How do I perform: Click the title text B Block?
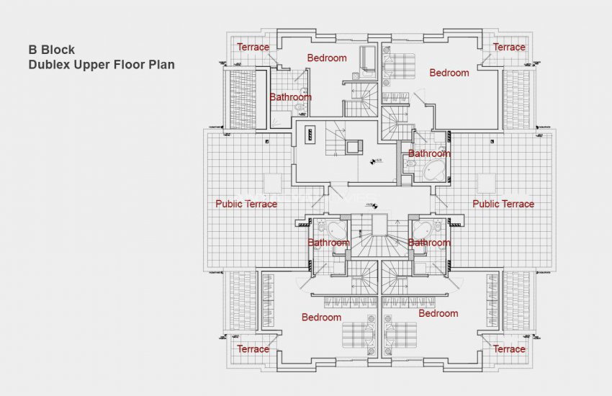tap(51, 50)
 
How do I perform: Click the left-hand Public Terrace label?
tap(246, 204)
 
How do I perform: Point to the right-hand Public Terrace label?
tap(503, 204)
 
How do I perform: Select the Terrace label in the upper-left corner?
tap(253, 47)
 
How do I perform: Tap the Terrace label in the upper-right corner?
tap(509, 47)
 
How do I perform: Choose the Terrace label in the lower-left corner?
tap(253, 348)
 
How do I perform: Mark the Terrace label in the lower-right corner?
tap(509, 348)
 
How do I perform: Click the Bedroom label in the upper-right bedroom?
tap(449, 73)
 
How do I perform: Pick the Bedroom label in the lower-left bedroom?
tap(321, 317)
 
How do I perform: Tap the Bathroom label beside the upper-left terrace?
tap(290, 96)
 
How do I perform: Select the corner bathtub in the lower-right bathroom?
tap(419, 230)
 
